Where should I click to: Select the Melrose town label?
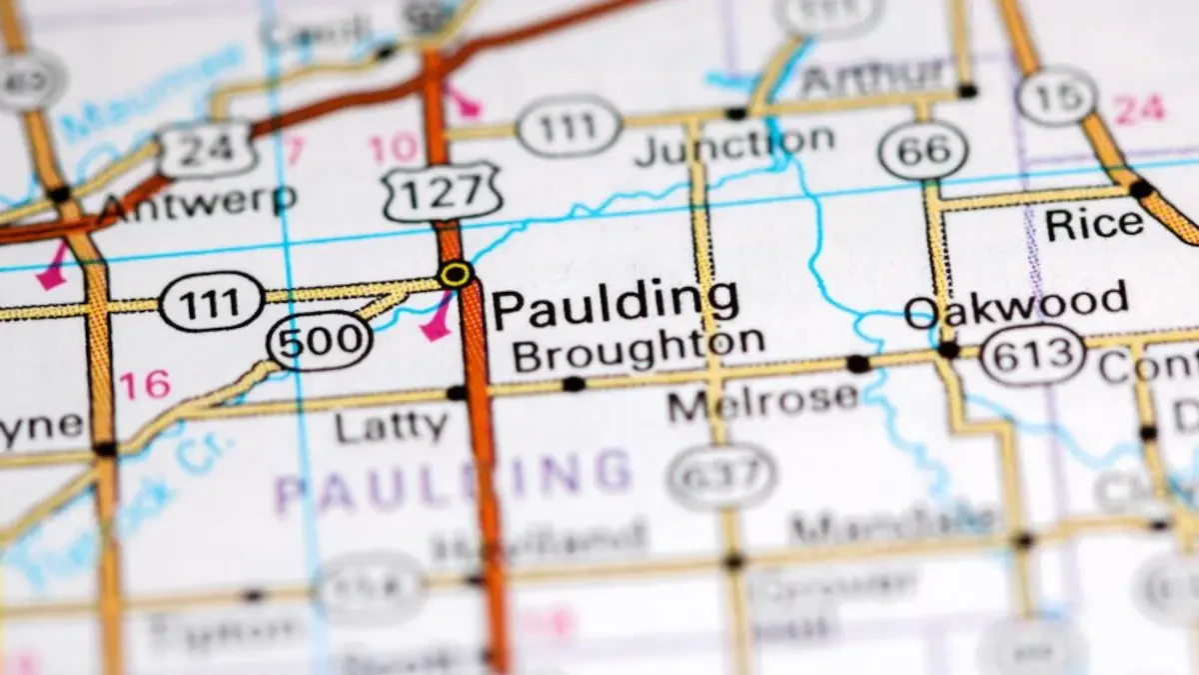coord(763,401)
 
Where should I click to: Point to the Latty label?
coord(391,427)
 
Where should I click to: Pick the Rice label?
coord(1094,224)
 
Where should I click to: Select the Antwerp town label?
coord(198,202)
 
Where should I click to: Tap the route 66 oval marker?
coord(923,150)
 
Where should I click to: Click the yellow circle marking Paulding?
coord(456,274)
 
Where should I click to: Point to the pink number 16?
coord(145,384)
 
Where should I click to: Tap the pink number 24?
coord(1140,109)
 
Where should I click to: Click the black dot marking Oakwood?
coord(947,350)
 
